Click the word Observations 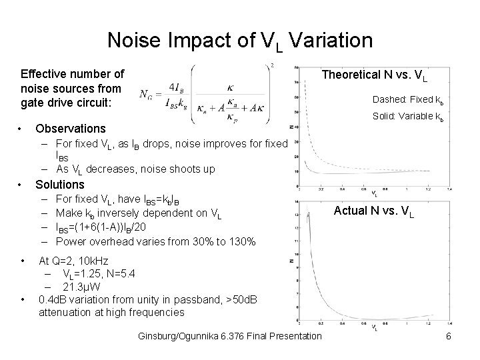tap(70, 128)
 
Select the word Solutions tap(60, 184)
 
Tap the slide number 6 tap(449, 336)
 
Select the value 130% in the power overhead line tap(239, 241)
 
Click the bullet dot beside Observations tap(23, 128)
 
